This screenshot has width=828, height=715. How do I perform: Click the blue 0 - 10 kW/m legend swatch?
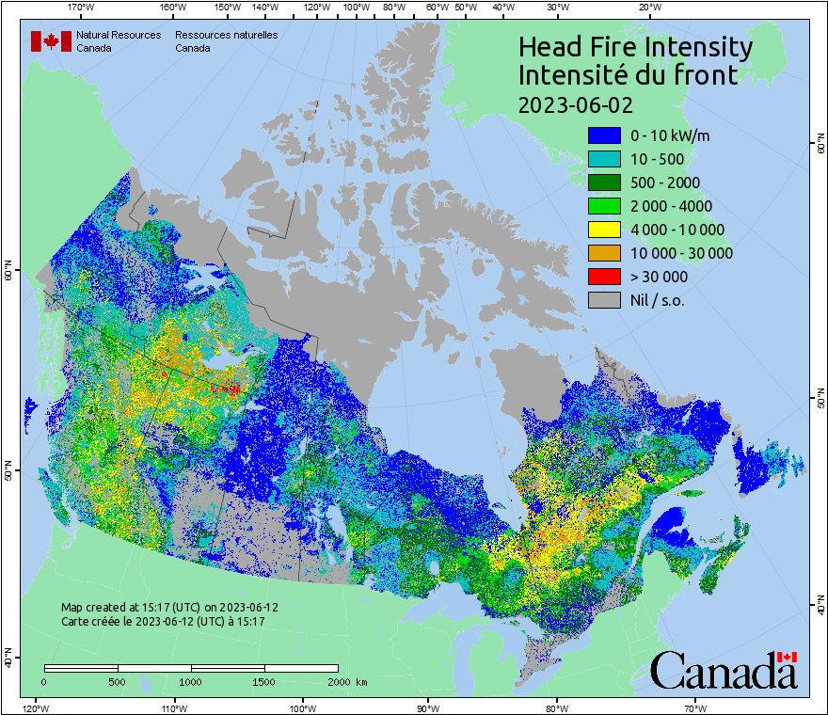(x=603, y=135)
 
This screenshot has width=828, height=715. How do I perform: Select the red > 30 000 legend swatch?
(x=603, y=277)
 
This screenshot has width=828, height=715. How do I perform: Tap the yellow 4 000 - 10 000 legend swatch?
(x=603, y=230)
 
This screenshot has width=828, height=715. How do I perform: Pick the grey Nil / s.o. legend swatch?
(x=603, y=300)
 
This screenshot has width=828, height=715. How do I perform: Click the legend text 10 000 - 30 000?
(x=681, y=253)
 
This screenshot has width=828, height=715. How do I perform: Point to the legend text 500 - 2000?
(x=665, y=183)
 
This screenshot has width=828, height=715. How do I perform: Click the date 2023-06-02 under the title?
(x=575, y=103)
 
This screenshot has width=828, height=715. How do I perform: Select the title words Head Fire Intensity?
(x=635, y=47)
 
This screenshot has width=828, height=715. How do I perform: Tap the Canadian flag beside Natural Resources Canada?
(x=51, y=41)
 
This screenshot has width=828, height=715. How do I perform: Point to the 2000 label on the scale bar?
(x=338, y=681)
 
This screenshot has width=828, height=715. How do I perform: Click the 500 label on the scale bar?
(x=118, y=681)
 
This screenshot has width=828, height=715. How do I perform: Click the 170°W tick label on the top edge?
(x=81, y=8)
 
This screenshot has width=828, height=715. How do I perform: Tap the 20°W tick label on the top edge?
(x=648, y=8)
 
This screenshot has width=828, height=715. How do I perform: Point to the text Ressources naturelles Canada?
(x=226, y=41)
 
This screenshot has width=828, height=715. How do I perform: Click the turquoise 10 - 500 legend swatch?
(x=603, y=159)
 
